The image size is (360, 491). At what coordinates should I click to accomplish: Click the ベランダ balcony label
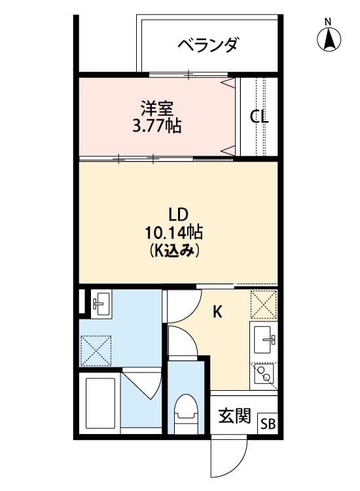tap(208, 45)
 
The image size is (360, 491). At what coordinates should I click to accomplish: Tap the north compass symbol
tap(329, 41)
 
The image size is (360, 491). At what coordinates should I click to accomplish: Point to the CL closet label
tap(259, 118)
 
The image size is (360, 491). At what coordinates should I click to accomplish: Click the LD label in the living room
tap(178, 214)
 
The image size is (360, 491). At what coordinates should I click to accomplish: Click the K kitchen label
tap(217, 312)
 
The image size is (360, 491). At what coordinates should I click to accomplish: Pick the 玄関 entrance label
tap(234, 416)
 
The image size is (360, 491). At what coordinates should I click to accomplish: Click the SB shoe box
tap(268, 423)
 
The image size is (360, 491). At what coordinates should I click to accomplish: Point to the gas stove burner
tap(264, 374)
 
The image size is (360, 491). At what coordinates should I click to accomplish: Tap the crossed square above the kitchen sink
tap(265, 304)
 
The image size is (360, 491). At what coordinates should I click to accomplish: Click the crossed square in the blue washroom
tap(96, 351)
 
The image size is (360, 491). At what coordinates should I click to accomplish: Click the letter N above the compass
tap(329, 21)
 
